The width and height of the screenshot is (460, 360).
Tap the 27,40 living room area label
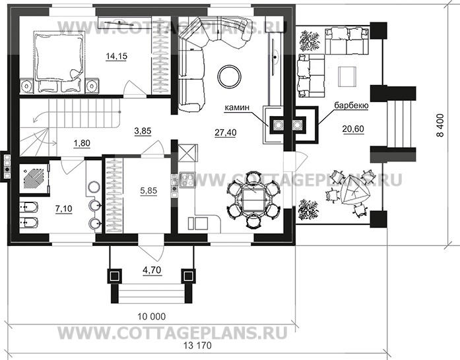pyautogui.click(x=226, y=132)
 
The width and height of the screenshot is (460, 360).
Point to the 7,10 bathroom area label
pyautogui.click(x=64, y=208)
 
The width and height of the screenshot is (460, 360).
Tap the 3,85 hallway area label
pyautogui.click(x=143, y=131)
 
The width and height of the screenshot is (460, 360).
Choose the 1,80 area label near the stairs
pyautogui.click(x=82, y=142)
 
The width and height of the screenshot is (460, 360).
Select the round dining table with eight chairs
pyautogui.click(x=252, y=198)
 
